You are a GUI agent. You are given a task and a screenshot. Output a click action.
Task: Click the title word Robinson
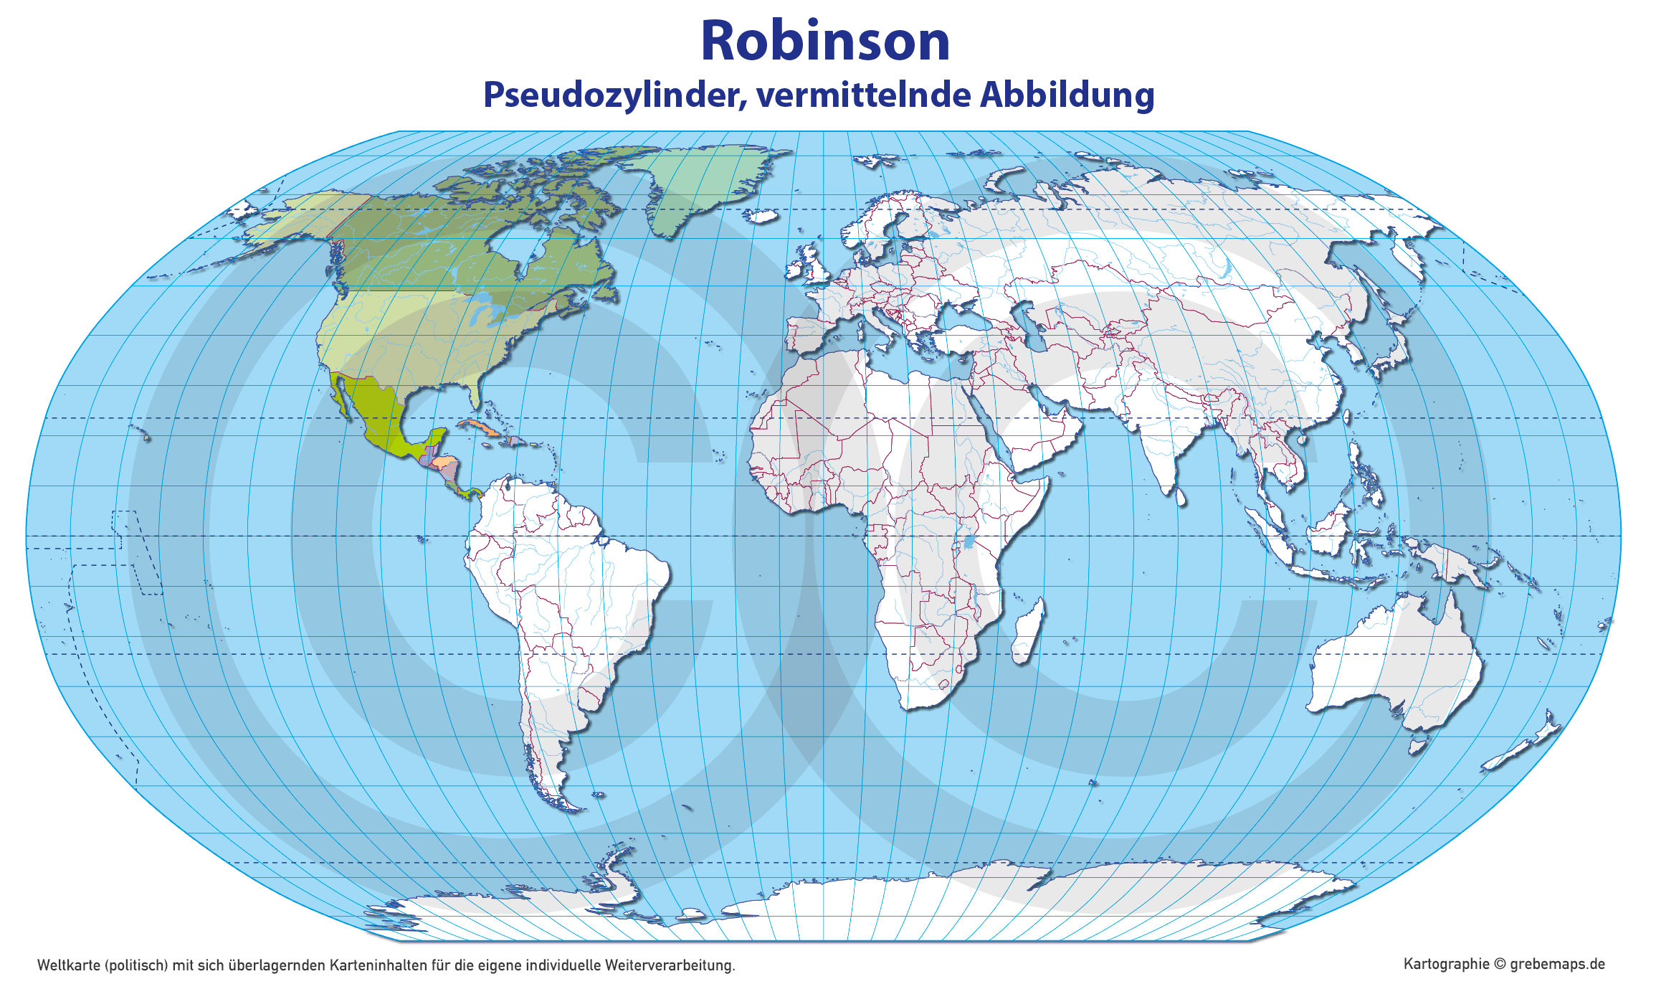[825, 41]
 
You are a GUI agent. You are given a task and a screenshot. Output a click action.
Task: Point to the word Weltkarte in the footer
[68, 965]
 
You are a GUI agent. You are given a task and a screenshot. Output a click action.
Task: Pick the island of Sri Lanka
[1180, 496]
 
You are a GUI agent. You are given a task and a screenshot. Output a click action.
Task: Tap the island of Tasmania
[1417, 746]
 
